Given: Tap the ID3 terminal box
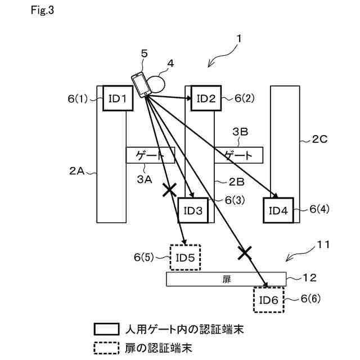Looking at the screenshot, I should [x=193, y=211].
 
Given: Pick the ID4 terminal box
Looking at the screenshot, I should [x=278, y=211].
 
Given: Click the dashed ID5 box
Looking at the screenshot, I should [x=185, y=258].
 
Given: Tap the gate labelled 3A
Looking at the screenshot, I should [x=150, y=155].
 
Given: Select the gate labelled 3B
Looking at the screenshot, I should [x=238, y=155].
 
